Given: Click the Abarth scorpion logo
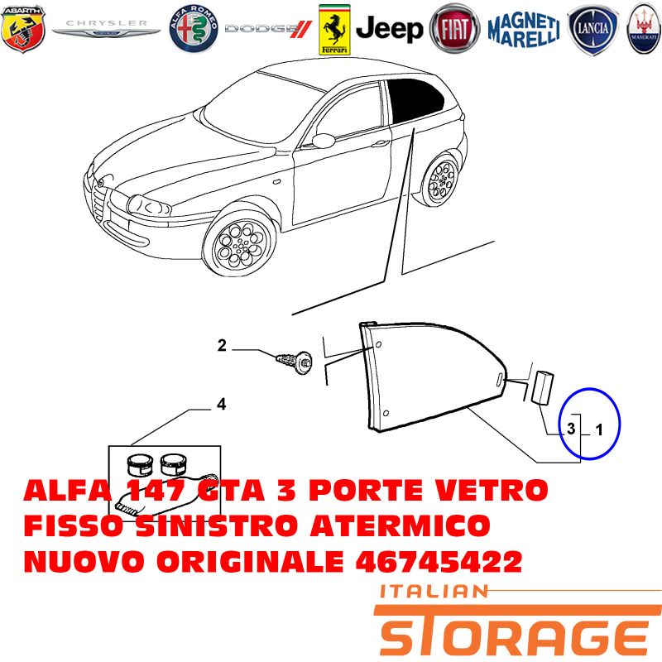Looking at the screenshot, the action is (23, 29).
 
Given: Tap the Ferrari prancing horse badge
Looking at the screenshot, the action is (334, 30).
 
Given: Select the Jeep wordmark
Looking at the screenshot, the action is (389, 29).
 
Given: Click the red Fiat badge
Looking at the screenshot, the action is (454, 29).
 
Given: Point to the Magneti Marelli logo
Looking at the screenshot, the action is (524, 29).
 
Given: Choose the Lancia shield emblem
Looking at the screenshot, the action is (593, 30).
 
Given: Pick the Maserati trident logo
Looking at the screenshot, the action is (645, 29).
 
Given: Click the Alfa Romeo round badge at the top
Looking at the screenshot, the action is (194, 29).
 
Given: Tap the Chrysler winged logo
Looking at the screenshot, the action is (106, 28).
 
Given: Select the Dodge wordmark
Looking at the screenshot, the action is (268, 29).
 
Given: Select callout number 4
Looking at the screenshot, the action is (221, 405).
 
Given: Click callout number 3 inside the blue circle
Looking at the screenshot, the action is (571, 429).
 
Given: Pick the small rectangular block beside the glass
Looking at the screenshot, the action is (542, 387).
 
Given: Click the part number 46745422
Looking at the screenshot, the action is (439, 562).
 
